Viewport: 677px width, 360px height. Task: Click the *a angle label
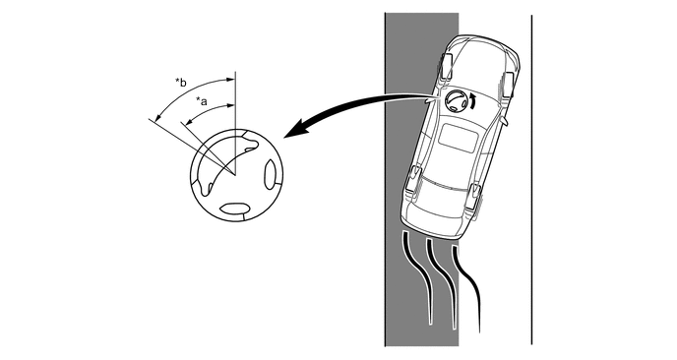[x=202, y=101]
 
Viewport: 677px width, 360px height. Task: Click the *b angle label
[x=181, y=82]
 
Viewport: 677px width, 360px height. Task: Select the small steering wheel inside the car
[x=454, y=101]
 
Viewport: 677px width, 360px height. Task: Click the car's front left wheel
[x=446, y=67]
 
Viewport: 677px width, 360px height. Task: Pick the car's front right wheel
[x=507, y=85]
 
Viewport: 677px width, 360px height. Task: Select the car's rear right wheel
[x=474, y=197]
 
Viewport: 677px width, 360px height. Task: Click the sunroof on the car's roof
[x=459, y=138]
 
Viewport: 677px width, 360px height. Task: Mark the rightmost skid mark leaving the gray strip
[x=467, y=288]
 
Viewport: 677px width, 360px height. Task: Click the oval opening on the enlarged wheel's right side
[x=270, y=174]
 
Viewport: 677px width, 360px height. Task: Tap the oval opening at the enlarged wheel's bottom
[x=234, y=209]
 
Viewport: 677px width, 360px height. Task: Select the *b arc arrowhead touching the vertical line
[x=231, y=80]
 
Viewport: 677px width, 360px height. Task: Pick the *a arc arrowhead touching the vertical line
[x=231, y=105]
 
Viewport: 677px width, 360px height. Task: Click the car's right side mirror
[x=505, y=121]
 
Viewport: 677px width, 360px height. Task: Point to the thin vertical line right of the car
[x=531, y=180]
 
